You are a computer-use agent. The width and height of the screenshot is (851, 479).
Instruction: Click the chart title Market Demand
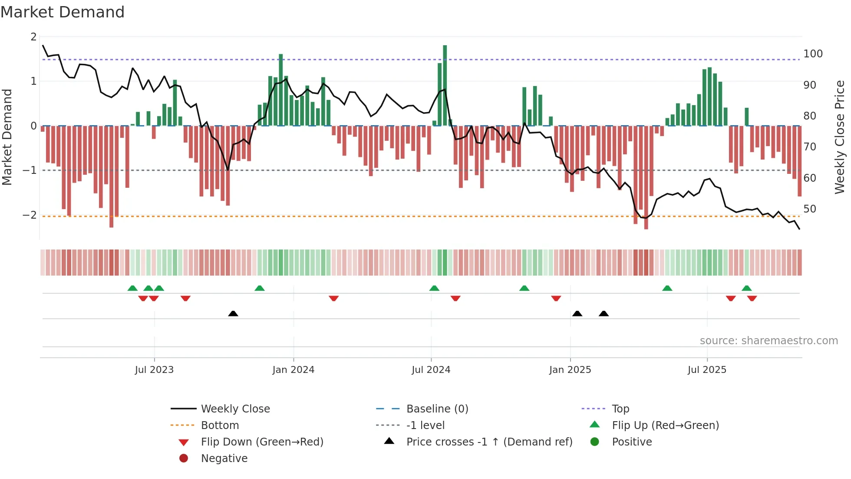point(63,12)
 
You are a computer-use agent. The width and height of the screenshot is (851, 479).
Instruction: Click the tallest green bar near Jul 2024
point(445,85)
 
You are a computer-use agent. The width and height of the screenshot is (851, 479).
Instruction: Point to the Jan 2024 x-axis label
point(293,370)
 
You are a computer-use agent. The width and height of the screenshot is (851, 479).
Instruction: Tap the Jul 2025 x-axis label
point(706,370)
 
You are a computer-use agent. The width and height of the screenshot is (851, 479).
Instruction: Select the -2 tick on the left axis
point(30,215)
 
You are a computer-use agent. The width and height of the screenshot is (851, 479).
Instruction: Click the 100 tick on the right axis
point(813,54)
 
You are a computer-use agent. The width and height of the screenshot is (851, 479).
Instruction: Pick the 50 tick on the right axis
point(809,209)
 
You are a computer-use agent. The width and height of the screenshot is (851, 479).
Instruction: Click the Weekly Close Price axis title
point(840,137)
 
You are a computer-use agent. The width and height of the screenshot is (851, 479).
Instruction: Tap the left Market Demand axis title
point(7,137)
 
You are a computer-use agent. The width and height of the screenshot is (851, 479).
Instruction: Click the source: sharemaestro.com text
point(769,341)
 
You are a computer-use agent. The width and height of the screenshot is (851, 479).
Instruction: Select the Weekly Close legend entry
point(235,409)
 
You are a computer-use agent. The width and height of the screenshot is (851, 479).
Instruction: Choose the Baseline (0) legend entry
point(437,409)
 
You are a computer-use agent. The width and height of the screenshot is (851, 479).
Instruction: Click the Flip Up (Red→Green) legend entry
point(665,426)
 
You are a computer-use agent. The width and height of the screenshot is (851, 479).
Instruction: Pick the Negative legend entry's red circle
point(184,459)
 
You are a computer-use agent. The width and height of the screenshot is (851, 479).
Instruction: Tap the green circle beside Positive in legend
point(595,442)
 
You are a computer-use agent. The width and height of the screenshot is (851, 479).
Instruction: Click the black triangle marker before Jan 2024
point(233,313)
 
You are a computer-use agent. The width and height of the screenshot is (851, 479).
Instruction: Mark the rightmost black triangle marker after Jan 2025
point(604,313)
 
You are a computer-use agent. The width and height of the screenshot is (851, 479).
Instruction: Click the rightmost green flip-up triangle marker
point(746,288)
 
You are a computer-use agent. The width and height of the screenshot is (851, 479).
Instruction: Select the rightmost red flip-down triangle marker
point(752,298)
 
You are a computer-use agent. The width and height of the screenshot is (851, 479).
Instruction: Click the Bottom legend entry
point(220,426)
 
